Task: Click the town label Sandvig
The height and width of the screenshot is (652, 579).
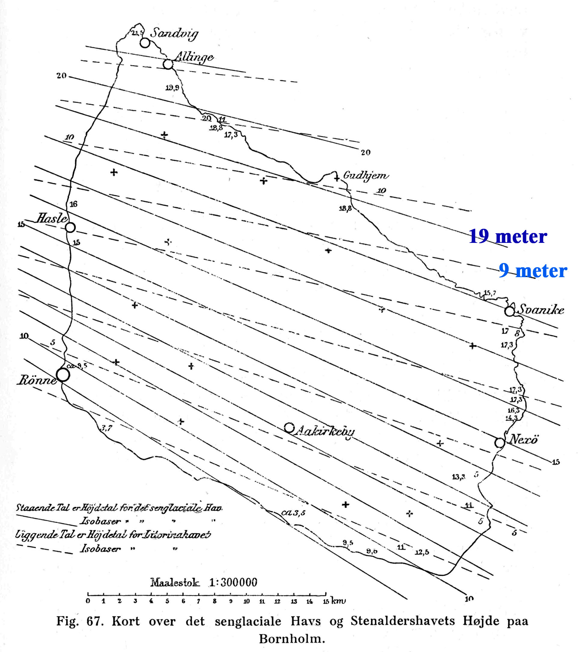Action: tap(174, 33)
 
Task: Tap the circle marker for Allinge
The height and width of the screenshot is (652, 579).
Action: tap(168, 64)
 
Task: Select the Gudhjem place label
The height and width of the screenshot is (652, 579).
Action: tap(366, 176)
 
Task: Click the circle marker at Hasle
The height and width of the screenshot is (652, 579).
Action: tap(70, 228)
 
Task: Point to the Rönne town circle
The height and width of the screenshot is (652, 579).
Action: tap(63, 375)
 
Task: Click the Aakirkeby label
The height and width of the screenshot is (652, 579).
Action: tap(325, 432)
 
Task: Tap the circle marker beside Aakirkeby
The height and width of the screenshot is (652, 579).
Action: tap(289, 427)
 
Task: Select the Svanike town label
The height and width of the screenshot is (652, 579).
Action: tap(541, 310)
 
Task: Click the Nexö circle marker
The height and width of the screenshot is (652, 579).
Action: tap(500, 443)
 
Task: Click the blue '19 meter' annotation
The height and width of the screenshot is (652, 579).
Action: tap(508, 237)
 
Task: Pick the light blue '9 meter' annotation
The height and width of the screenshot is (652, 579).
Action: tap(533, 271)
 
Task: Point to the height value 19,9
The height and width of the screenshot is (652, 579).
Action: tap(172, 87)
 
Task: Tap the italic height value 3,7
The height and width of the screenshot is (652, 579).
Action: tap(106, 428)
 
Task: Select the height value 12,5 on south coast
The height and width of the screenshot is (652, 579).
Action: tap(422, 552)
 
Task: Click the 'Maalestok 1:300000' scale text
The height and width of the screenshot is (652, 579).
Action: tap(204, 583)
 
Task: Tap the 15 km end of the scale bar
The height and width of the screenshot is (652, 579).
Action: tap(326, 594)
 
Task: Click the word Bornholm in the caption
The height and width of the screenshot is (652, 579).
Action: tap(292, 639)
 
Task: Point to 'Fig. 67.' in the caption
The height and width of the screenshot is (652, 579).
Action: tap(80, 621)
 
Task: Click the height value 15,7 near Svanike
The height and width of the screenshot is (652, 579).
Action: tap(490, 293)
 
